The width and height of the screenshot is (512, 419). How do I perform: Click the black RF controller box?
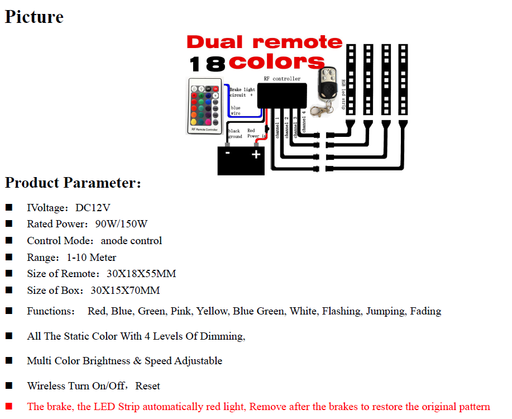282,95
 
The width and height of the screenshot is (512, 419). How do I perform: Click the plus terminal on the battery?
256,154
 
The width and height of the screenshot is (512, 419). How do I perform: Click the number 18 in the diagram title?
207,64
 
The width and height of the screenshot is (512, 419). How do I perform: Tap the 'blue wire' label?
236,111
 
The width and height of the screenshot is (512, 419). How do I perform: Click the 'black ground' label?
235,134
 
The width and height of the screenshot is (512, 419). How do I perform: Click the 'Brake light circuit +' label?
242,92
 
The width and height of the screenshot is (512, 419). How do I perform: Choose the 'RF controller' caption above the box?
282,79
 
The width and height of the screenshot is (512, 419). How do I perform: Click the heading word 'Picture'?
34,17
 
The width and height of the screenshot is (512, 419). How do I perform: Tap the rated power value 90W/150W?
121,224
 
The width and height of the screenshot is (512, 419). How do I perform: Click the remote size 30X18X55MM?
141,274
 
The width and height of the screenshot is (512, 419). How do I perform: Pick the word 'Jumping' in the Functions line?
385,311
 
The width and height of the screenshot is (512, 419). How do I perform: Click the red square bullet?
9,406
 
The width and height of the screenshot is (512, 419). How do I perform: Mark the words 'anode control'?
131,241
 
